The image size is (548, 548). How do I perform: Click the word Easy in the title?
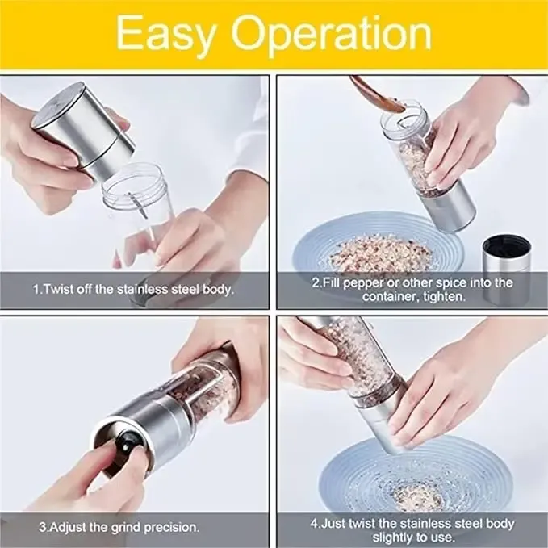tap(165, 34)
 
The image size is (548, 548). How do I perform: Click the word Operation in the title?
tap(332, 34)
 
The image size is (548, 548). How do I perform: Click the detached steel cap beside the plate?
tap(507, 269)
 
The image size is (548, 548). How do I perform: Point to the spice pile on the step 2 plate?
tap(381, 253)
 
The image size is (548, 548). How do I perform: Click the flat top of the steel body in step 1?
tap(58, 104)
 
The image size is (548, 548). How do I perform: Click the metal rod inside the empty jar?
tap(138, 206)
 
